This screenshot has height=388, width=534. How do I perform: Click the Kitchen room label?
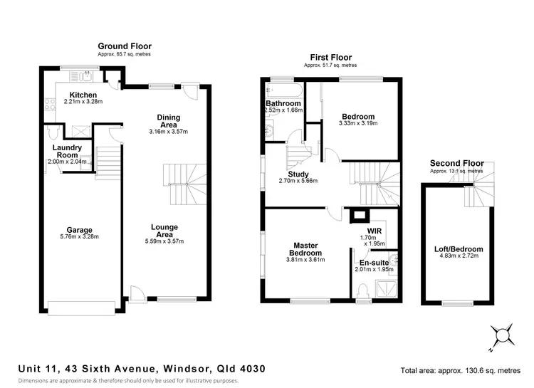pyautogui.click(x=83, y=95)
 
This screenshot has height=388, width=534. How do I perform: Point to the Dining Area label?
pyautogui.click(x=169, y=121)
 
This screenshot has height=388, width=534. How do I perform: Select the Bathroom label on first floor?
pyautogui.click(x=283, y=103)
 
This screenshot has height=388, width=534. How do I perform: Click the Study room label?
pyautogui.click(x=298, y=174)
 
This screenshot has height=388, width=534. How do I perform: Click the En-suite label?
pyautogui.click(x=374, y=263)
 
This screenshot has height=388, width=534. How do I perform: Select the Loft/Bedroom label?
pyautogui.click(x=459, y=249)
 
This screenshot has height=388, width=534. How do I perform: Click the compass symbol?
pyautogui.click(x=501, y=335)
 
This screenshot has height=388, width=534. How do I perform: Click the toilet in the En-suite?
pyautogui.click(x=363, y=288)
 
